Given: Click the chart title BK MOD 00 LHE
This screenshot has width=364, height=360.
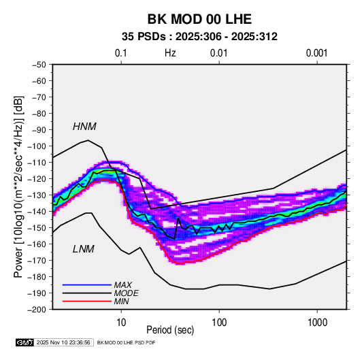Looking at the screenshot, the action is click(x=199, y=19).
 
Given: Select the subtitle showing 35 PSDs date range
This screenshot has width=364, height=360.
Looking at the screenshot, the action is click(x=199, y=37).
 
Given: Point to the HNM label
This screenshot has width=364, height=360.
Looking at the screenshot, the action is click(x=84, y=127).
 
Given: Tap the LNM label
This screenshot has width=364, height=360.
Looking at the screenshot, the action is click(x=84, y=249).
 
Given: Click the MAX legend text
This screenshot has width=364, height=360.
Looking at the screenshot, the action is click(x=123, y=284).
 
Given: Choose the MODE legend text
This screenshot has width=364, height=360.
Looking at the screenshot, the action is click(x=127, y=293).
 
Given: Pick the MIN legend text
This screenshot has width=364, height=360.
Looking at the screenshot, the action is click(x=122, y=301).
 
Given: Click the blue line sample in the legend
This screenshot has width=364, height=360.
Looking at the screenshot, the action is click(x=87, y=285).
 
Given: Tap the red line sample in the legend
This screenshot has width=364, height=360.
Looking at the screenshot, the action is click(x=87, y=301).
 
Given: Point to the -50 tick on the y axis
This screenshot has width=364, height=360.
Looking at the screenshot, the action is click(x=39, y=65).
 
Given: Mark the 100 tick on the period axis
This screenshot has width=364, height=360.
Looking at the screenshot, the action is click(x=219, y=323).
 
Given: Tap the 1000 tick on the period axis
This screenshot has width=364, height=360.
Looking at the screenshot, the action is click(x=317, y=323).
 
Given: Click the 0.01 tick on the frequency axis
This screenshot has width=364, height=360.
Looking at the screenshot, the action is click(x=219, y=53).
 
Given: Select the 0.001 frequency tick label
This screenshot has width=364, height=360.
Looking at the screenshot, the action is click(x=317, y=53).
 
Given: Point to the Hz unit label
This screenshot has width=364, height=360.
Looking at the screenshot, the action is click(x=170, y=53).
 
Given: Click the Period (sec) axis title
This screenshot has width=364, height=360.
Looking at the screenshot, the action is click(x=170, y=330).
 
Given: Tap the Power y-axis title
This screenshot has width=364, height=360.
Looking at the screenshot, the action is click(x=18, y=187).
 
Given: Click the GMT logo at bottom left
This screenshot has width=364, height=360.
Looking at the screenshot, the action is click(x=25, y=342).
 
